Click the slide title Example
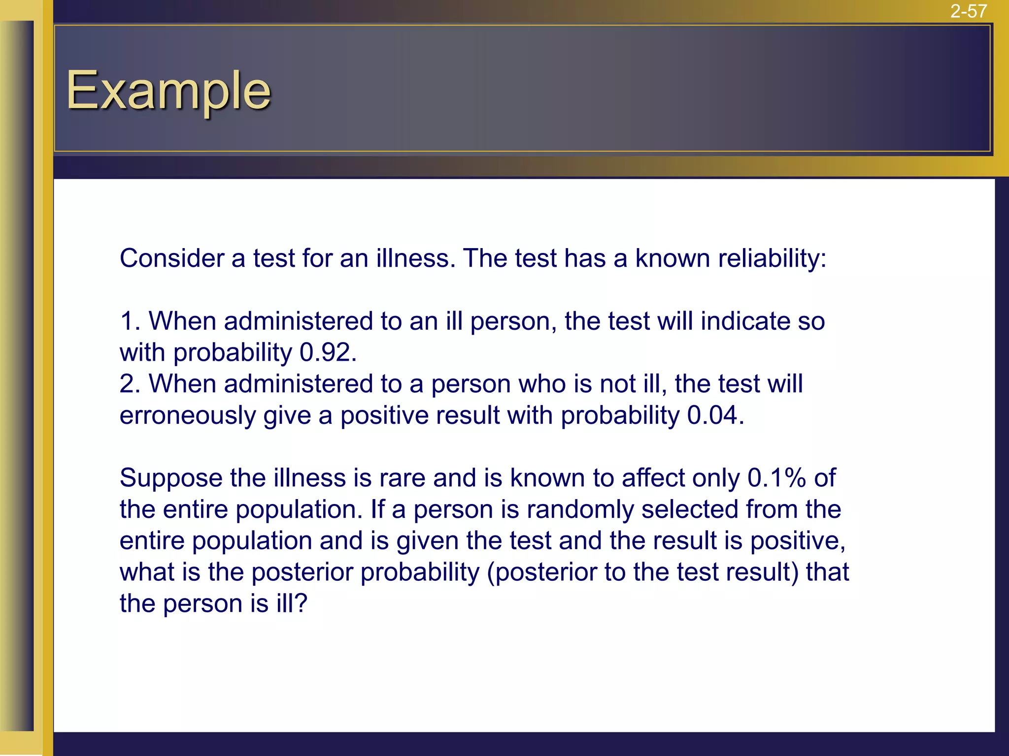(x=168, y=91)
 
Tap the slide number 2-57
(x=968, y=11)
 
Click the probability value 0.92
(x=327, y=352)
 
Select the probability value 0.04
(x=715, y=415)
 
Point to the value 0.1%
(x=776, y=478)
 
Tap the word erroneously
(x=188, y=415)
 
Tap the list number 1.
(x=130, y=321)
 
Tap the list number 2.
(x=130, y=384)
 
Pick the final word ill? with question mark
(x=292, y=603)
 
